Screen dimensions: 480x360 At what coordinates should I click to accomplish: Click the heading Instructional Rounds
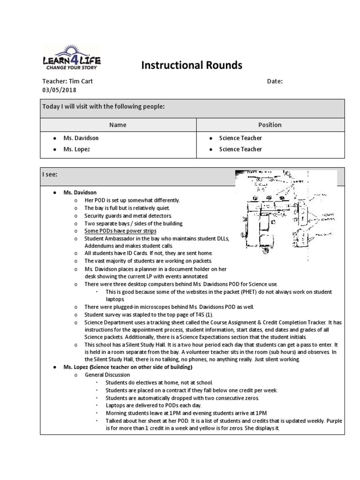click(x=192, y=65)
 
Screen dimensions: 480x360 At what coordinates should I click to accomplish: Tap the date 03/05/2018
click(x=59, y=90)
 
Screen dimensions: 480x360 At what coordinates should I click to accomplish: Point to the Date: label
click(x=275, y=81)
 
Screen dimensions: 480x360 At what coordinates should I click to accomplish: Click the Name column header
click(x=118, y=125)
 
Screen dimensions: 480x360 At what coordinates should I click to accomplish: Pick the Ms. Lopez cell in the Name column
click(x=77, y=149)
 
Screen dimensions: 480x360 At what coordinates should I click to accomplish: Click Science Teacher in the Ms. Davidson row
click(x=240, y=138)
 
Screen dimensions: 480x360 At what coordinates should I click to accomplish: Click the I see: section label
click(x=50, y=174)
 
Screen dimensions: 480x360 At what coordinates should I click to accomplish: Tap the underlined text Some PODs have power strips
click(x=120, y=231)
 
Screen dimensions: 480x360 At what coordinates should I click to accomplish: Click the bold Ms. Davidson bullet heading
click(x=80, y=193)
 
